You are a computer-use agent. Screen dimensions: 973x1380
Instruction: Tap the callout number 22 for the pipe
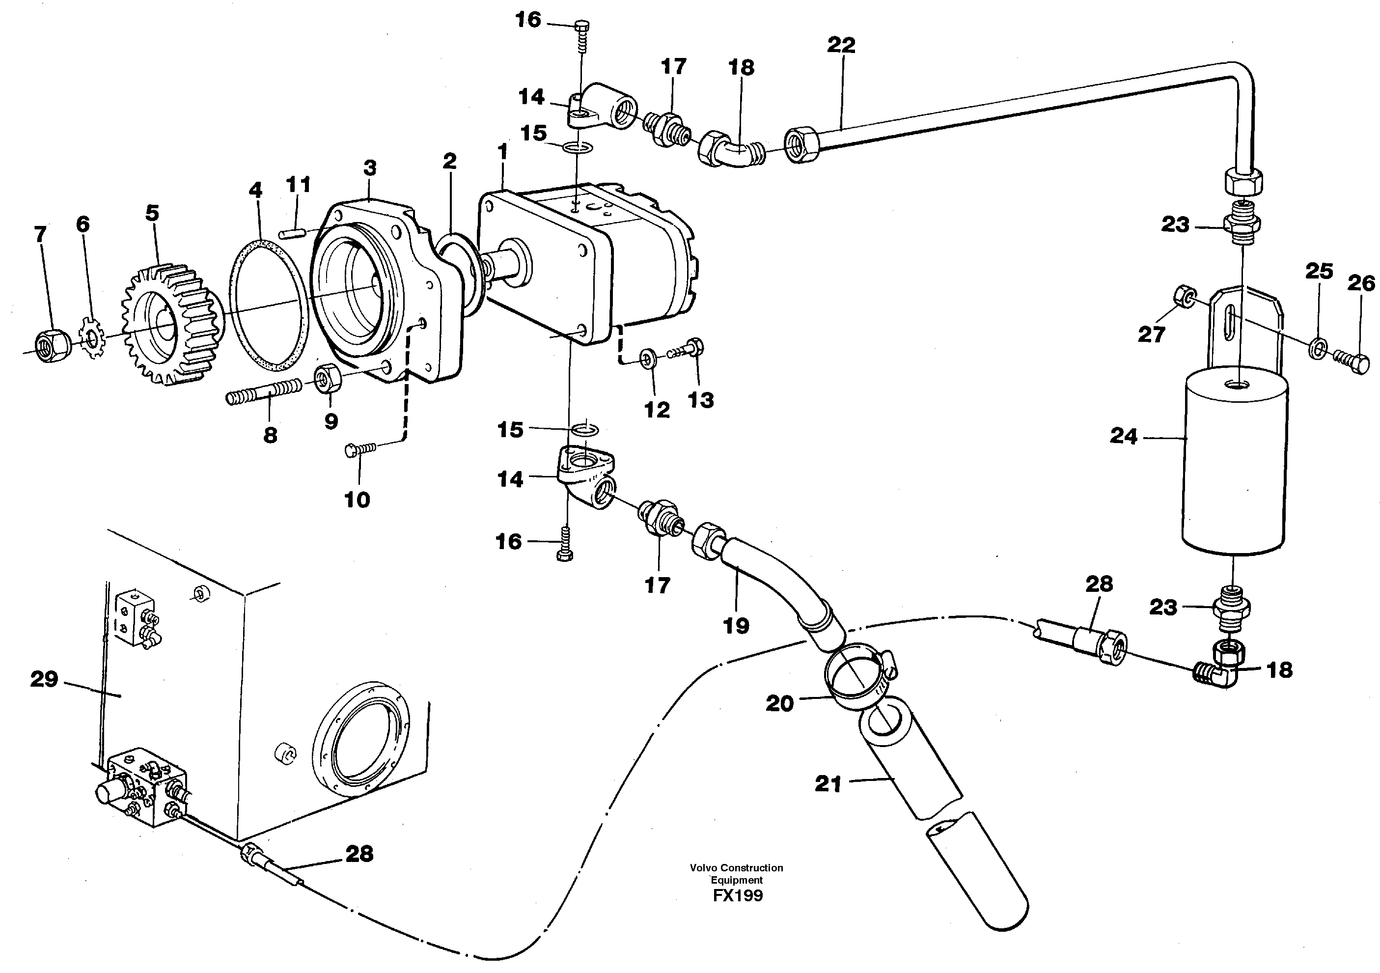coord(841,45)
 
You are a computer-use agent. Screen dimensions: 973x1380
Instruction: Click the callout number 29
coord(44,679)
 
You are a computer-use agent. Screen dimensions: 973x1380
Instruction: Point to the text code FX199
coord(738,896)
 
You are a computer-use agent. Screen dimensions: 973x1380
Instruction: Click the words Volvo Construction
coord(736,868)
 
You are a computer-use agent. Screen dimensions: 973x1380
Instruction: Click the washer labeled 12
coord(648,360)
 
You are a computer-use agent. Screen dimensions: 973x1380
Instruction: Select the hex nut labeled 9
coord(328,378)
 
